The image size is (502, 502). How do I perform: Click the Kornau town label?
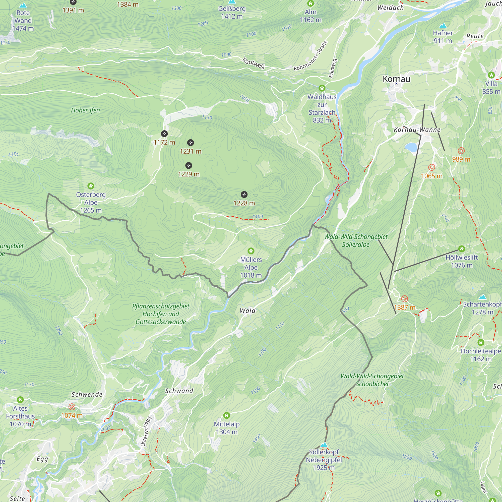(x=396, y=79)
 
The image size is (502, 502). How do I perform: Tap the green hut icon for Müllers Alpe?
(x=251, y=251)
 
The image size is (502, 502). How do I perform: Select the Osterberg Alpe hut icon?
(x=91, y=186)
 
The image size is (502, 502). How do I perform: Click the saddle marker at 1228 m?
(x=244, y=194)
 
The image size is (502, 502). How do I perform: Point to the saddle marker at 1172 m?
(x=164, y=134)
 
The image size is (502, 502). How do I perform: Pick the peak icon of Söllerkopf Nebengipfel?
(x=324, y=445)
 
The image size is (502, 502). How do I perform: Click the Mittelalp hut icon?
(x=227, y=415)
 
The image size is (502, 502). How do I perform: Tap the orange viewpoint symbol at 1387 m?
(x=405, y=299)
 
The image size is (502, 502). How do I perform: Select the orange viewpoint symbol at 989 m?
(x=461, y=151)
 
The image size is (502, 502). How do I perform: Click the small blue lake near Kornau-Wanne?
(x=411, y=147)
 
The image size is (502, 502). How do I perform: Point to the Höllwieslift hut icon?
(x=462, y=249)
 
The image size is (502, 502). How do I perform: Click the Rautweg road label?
(x=253, y=63)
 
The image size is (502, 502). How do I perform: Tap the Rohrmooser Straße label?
(x=310, y=56)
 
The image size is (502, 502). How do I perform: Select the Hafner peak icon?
(x=443, y=25)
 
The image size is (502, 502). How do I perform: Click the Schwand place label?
(x=179, y=391)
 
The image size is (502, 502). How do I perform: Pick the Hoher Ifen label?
(x=85, y=110)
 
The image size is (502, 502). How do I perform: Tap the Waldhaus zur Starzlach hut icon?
(x=322, y=88)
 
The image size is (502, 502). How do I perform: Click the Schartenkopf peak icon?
(x=482, y=297)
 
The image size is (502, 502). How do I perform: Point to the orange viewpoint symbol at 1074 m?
(x=72, y=407)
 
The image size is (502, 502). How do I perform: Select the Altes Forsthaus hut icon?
(x=20, y=400)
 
